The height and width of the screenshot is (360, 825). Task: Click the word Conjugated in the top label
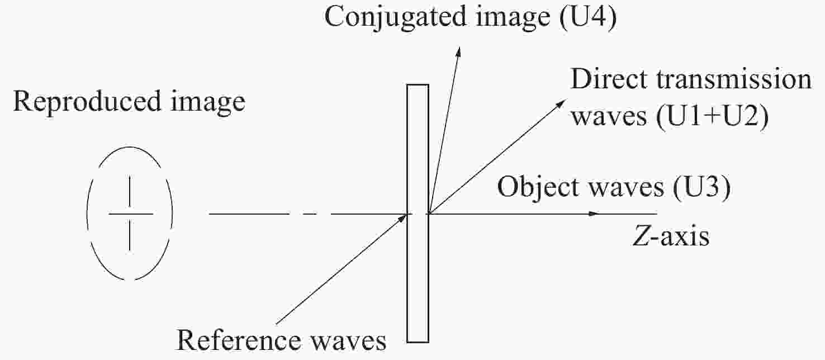tap(396, 18)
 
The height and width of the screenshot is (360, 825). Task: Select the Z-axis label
tap(671, 236)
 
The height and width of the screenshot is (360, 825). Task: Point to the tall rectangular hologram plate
tap(418, 214)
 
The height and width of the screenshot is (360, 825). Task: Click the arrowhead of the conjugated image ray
tap(458, 52)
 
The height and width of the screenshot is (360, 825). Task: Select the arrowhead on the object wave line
tap(594, 214)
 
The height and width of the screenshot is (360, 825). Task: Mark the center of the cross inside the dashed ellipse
tap(130, 214)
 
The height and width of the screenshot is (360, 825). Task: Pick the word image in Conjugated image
tap(513, 18)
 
